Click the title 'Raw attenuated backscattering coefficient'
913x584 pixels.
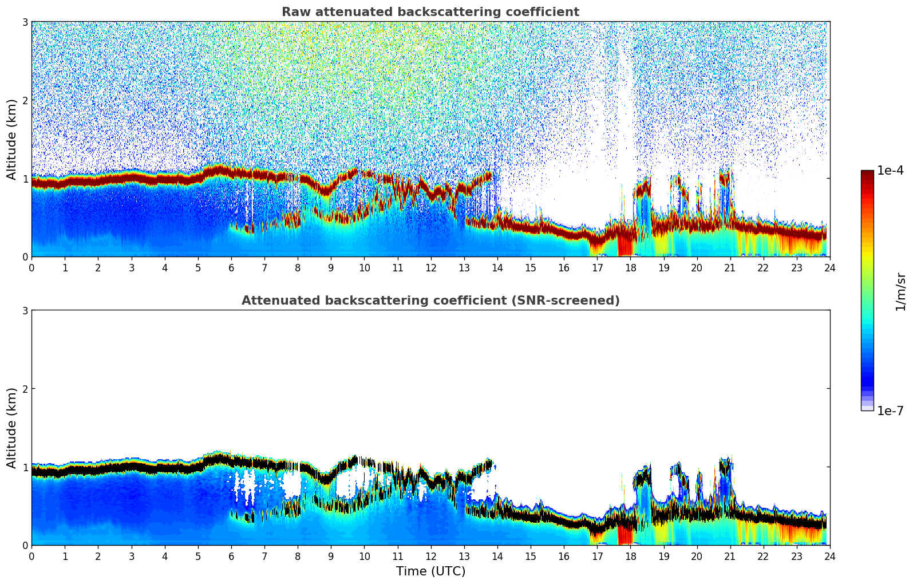point(430,12)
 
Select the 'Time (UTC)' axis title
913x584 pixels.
point(430,571)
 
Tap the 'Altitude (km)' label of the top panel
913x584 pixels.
point(12,139)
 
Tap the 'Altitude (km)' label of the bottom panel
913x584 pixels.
point(12,428)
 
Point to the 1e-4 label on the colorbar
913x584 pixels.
point(890,171)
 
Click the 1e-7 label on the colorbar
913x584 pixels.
point(890,411)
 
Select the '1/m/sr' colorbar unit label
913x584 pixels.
point(900,291)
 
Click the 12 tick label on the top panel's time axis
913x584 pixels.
point(430,267)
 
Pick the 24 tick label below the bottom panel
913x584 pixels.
point(829,556)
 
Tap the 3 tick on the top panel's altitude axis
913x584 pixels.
point(25,22)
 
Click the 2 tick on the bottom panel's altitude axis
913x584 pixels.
point(25,389)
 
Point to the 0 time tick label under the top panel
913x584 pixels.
point(31,267)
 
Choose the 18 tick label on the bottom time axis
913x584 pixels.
point(630,556)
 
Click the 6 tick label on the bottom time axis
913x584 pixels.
point(231,556)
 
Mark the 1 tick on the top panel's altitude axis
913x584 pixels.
point(25,179)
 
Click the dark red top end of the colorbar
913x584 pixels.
point(867,173)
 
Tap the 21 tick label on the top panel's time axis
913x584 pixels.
point(730,267)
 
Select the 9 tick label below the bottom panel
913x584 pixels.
point(331,556)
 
